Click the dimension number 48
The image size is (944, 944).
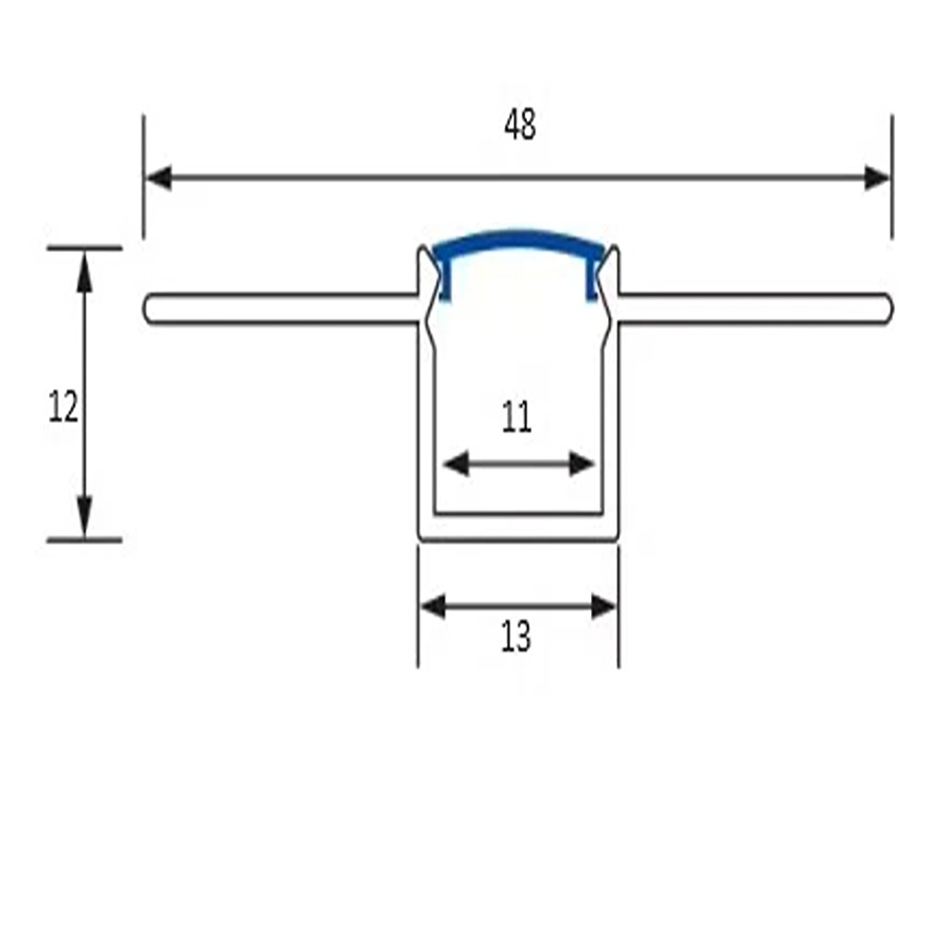click(519, 126)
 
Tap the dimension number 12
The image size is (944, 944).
click(63, 406)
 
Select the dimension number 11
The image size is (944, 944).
click(516, 416)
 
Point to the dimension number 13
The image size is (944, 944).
click(516, 636)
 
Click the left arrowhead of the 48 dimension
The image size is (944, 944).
click(159, 178)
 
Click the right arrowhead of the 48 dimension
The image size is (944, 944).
click(877, 178)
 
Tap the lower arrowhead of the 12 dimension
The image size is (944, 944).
click(85, 516)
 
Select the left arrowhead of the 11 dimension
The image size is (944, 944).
click(456, 464)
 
